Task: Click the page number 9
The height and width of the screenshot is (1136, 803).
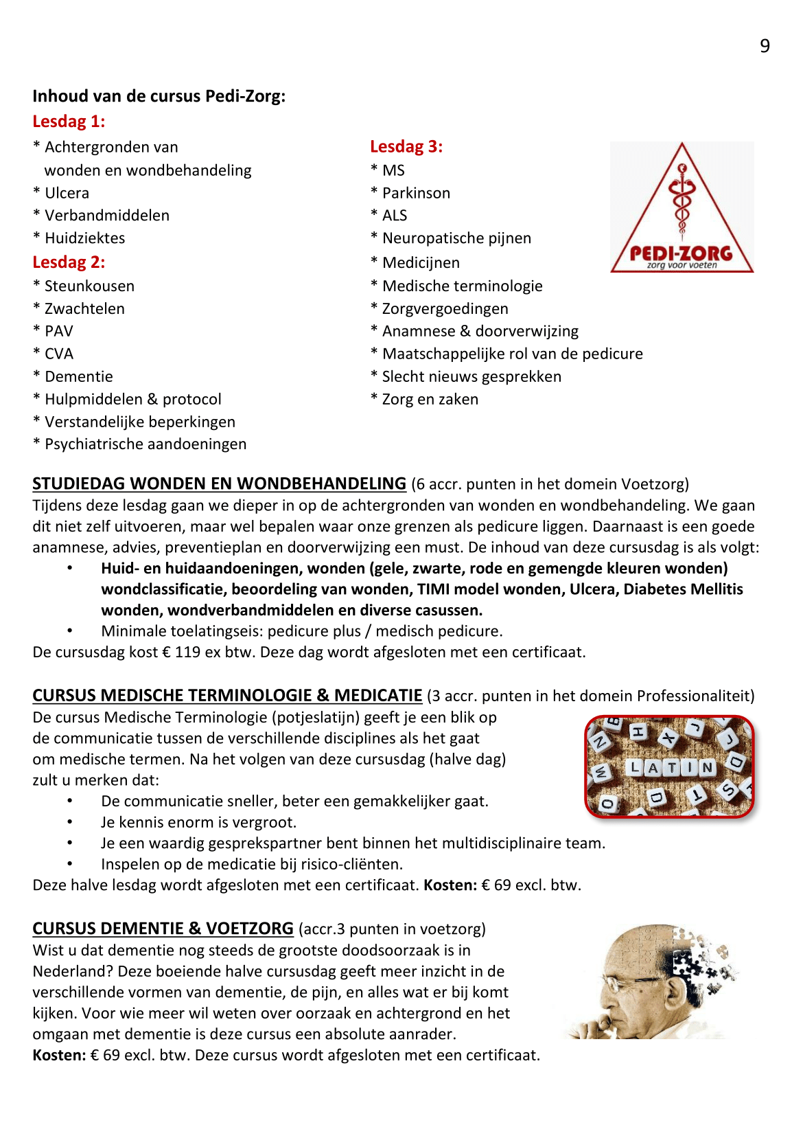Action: pos(765,46)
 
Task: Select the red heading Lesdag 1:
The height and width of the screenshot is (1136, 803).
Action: pos(69,122)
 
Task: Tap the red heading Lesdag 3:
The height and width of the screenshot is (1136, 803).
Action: pos(406,146)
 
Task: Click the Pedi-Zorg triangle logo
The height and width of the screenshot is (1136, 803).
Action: pos(682,208)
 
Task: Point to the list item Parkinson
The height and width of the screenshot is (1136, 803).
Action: pos(416,193)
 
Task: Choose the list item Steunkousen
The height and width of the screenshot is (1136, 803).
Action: pos(89,286)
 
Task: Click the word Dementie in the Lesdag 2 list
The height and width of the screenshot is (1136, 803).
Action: pos(78,376)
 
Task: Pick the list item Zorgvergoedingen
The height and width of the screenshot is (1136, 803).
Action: pos(445,308)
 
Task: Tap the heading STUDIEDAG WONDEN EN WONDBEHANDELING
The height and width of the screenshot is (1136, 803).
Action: pos(219,484)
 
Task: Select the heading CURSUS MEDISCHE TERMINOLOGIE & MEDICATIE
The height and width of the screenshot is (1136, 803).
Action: pos(227,696)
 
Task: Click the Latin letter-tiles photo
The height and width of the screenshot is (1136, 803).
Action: pos(669,766)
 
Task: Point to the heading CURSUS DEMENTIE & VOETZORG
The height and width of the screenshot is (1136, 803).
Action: pos(163,929)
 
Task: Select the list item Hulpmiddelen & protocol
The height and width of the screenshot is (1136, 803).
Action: pos(132,399)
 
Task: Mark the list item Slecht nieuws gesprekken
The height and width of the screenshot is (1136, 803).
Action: pos(472,376)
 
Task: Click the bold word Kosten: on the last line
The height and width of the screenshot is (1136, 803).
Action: pos(59,1055)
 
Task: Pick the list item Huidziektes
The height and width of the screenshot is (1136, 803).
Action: pos(84,238)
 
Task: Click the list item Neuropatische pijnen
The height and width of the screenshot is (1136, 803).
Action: pos(456,238)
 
